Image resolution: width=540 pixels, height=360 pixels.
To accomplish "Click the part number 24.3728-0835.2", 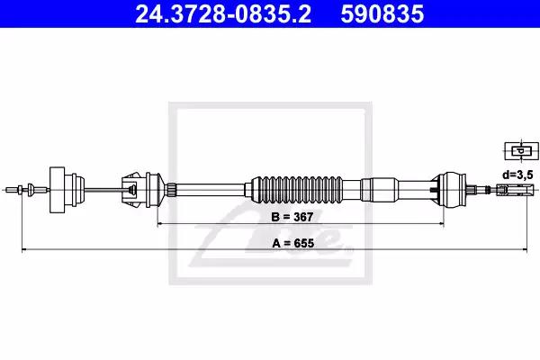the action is tap(223, 13).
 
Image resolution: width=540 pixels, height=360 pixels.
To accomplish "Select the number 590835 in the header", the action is tap(382, 13).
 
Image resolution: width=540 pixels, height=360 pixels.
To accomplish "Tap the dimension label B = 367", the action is tap(292, 217).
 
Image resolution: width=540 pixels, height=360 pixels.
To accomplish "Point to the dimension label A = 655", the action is tap(293, 243).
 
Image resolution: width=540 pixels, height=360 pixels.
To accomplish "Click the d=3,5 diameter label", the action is tap(517, 175).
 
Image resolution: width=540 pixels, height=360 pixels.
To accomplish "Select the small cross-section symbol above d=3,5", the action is tap(521, 151).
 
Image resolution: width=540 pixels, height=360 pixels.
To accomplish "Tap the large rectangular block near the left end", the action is tap(58, 190).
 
